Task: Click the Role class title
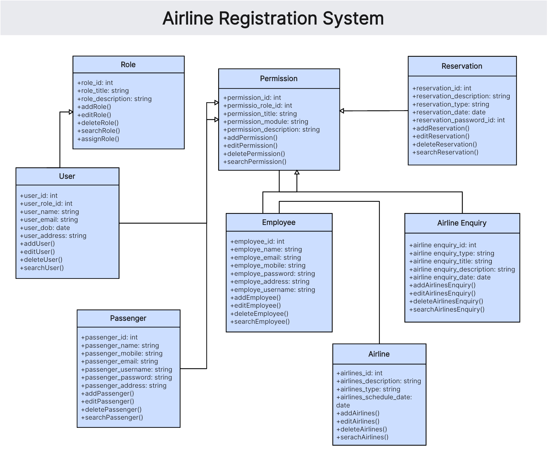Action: (128, 65)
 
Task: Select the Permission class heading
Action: (278, 79)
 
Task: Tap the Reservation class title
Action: (461, 66)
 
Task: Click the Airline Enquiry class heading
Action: (461, 223)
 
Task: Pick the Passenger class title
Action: (128, 318)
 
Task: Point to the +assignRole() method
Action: (98, 139)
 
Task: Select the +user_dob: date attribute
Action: (45, 228)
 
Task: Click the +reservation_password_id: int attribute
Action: (458, 120)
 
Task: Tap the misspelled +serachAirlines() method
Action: (362, 437)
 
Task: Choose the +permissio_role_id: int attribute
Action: (258, 106)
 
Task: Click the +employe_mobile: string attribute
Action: (268, 265)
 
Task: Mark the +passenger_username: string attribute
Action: (127, 370)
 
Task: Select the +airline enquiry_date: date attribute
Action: (450, 277)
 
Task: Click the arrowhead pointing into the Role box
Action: (71, 112)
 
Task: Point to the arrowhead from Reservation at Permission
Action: (342, 111)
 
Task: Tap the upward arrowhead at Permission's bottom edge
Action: (297, 172)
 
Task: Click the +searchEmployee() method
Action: (260, 322)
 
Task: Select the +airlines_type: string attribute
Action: (368, 389)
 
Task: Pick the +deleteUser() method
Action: (41, 260)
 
